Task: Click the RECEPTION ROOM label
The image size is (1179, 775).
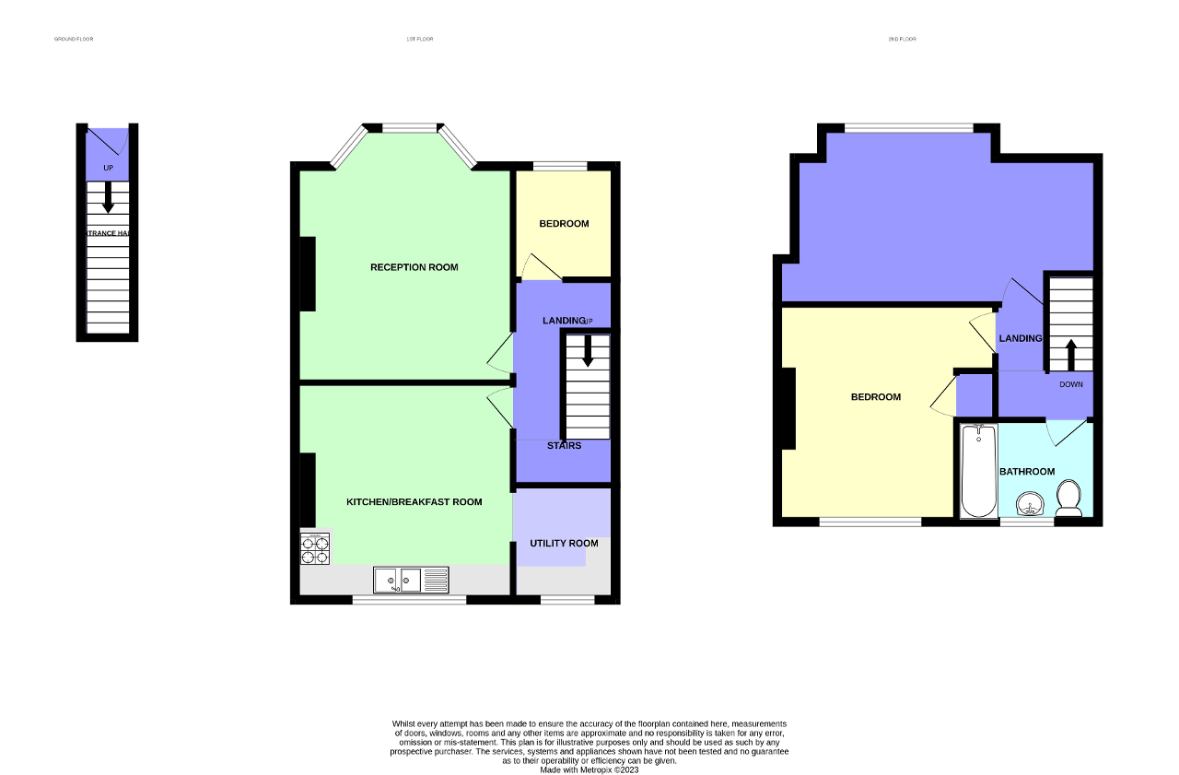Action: [414, 267]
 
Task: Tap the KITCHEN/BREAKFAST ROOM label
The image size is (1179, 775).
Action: [414, 502]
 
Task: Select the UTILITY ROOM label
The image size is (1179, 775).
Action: [564, 543]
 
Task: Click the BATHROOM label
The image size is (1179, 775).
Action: [1027, 472]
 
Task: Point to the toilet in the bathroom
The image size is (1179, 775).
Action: [1068, 498]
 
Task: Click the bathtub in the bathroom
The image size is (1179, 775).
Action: [976, 471]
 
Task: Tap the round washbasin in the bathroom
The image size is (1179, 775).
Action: [1030, 503]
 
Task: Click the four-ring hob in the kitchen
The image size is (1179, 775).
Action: [314, 548]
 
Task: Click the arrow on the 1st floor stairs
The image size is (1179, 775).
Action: [587, 351]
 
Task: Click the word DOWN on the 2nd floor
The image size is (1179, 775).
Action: [1070, 384]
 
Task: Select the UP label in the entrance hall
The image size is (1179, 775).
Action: [108, 169]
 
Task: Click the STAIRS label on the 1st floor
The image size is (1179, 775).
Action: [564, 446]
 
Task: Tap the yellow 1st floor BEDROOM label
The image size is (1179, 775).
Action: [564, 224]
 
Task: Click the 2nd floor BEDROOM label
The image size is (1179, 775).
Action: [875, 397]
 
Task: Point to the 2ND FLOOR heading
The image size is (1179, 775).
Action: [902, 39]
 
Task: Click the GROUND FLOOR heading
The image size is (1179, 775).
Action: [74, 39]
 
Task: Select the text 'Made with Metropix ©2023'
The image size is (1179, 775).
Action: [589, 769]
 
